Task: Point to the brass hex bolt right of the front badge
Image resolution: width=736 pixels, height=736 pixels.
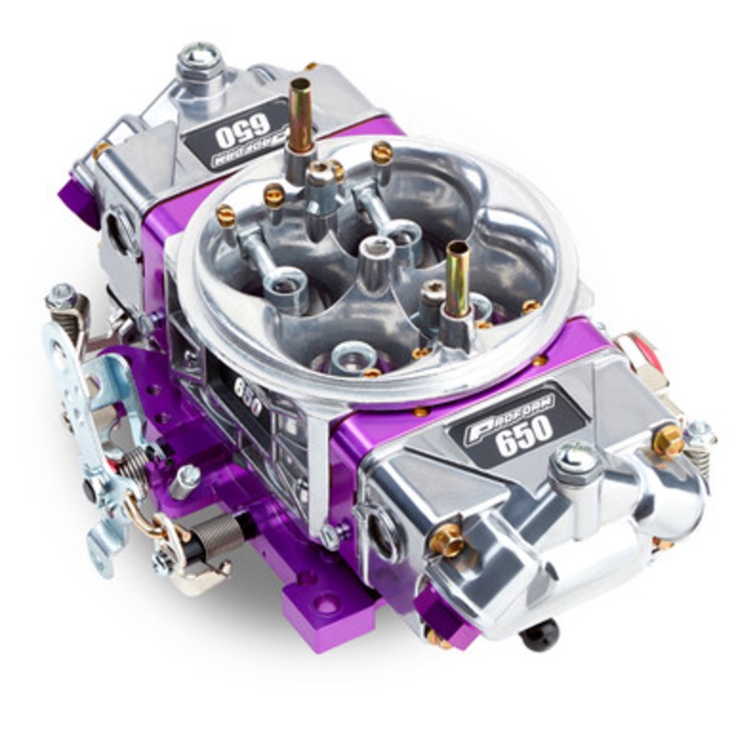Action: click(x=668, y=441)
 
